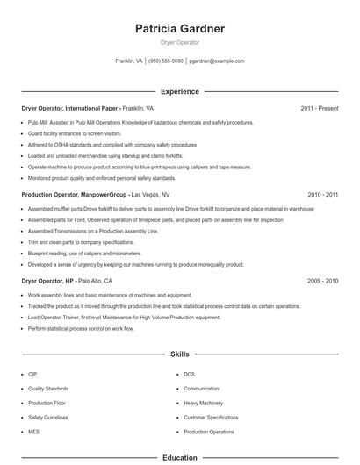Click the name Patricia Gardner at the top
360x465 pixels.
click(x=180, y=29)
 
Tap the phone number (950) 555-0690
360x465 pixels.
click(x=166, y=61)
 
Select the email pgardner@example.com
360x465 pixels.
click(x=217, y=61)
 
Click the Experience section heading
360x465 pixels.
click(x=180, y=91)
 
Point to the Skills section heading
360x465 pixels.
click(x=180, y=354)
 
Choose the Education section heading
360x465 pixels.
click(x=180, y=457)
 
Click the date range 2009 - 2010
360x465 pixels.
click(x=323, y=280)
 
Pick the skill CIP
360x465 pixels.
click(x=32, y=374)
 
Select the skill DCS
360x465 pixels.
click(x=189, y=374)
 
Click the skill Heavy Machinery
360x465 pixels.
click(x=203, y=403)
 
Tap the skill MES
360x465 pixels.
click(x=33, y=432)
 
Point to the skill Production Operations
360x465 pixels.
click(x=209, y=432)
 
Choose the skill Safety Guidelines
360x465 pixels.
click(x=47, y=417)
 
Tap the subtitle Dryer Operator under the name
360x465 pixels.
click(x=180, y=42)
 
